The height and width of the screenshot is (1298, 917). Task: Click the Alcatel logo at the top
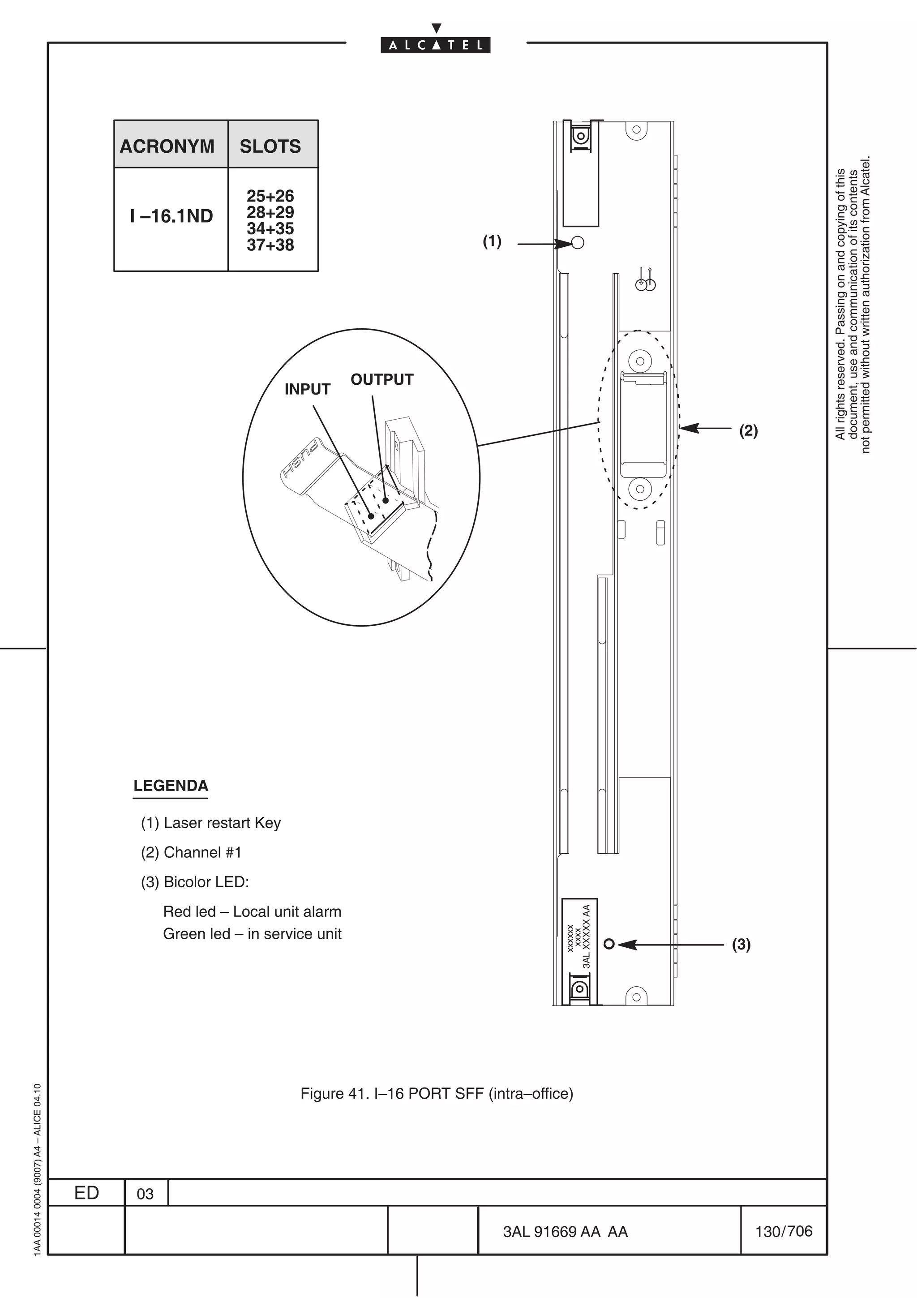point(435,45)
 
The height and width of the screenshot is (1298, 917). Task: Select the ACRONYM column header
point(167,146)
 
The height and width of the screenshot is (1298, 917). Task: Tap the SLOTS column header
point(270,146)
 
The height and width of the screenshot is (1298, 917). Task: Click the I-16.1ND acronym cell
point(171,216)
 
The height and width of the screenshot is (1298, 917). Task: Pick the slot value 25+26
point(270,196)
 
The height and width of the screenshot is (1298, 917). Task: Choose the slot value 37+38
point(270,245)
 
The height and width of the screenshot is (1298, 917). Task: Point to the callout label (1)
point(492,241)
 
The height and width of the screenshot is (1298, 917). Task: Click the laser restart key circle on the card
point(578,242)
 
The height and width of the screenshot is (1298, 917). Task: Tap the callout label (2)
point(748,431)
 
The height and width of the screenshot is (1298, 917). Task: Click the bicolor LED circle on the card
point(609,944)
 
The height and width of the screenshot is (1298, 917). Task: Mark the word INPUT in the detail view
point(307,390)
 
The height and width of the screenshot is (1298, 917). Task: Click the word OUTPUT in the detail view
point(382,379)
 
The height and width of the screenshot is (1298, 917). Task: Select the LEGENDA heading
point(171,786)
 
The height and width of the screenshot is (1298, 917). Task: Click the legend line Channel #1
point(191,852)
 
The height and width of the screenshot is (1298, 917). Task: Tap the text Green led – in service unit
point(252,934)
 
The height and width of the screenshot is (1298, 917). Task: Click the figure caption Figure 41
point(436,1094)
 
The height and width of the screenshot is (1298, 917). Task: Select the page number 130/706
point(783,1231)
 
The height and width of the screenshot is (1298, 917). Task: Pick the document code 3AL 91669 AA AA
point(565,1232)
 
